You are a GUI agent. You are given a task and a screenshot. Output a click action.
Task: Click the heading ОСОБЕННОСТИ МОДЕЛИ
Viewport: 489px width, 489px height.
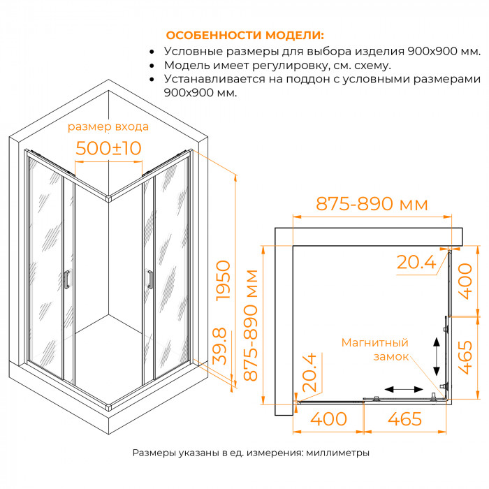click(245, 35)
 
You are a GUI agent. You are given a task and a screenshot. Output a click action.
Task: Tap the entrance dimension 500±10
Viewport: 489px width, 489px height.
click(108, 148)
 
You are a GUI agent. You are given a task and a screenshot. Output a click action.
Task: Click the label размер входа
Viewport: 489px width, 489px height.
click(108, 127)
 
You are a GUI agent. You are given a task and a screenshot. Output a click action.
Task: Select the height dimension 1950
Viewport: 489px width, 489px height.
click(224, 281)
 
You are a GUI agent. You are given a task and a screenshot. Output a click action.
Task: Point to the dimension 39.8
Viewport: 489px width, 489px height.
click(219, 346)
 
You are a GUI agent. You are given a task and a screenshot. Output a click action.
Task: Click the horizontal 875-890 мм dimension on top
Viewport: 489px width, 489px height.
click(372, 204)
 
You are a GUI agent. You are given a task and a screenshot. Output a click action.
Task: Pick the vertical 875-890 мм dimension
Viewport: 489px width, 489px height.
click(251, 326)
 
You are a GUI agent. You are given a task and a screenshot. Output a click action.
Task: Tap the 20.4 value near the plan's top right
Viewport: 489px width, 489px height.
click(416, 262)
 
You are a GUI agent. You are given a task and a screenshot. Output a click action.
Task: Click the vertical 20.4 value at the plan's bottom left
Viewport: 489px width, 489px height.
click(309, 372)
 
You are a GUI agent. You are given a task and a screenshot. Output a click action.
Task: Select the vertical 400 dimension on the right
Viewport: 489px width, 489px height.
click(465, 282)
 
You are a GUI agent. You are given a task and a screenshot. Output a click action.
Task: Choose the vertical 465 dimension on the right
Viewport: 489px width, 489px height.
click(465, 358)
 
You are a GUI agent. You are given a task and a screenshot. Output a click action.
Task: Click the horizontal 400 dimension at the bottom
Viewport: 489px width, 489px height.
click(329, 419)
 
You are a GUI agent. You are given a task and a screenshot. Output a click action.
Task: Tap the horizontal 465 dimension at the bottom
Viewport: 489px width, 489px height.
click(404, 419)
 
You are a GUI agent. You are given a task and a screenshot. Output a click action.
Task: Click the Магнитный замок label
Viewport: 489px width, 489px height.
click(375, 349)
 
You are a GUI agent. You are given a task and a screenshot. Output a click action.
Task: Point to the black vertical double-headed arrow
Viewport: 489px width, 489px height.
click(437, 356)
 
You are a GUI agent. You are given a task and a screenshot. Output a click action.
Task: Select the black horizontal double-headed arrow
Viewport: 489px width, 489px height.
click(404, 389)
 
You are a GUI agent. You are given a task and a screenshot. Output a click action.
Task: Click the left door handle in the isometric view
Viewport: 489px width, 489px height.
click(66, 279)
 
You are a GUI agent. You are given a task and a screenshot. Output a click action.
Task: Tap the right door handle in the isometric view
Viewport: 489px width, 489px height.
click(150, 279)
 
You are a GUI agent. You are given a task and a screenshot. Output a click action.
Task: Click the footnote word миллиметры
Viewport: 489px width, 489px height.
click(337, 453)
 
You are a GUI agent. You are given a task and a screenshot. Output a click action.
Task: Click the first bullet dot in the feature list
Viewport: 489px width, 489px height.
click(152, 52)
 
